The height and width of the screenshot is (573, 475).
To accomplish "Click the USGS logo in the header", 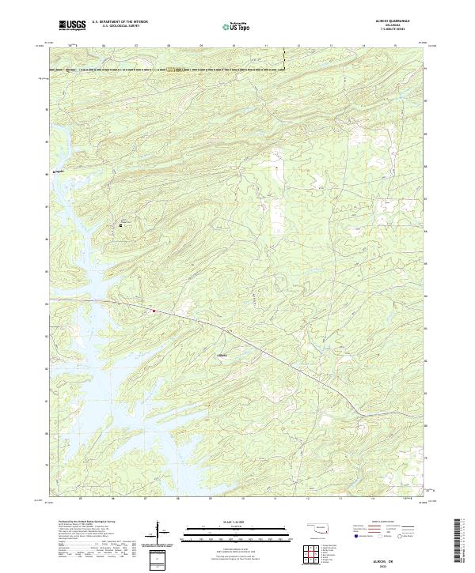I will [x=73, y=25].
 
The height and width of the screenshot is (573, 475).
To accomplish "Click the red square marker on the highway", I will [x=154, y=311].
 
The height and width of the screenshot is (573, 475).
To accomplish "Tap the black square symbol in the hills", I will [x=121, y=225].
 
